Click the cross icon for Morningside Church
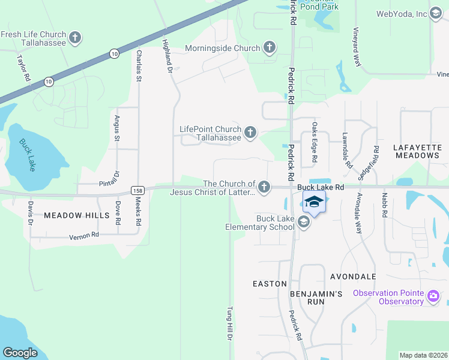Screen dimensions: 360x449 click(270, 48)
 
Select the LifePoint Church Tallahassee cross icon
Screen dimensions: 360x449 click(250, 133)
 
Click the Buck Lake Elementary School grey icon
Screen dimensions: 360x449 click(303, 223)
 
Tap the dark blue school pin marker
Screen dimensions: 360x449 click(313, 203)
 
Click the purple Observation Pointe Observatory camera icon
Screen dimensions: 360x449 click(433, 296)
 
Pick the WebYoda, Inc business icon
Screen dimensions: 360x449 click(437, 14)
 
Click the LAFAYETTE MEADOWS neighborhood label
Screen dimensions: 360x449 click(417, 151)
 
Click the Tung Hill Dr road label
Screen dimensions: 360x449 click(229, 324)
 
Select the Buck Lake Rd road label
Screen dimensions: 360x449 click(321, 187)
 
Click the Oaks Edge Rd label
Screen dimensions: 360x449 click(314, 143)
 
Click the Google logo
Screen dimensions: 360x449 click(20, 353)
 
